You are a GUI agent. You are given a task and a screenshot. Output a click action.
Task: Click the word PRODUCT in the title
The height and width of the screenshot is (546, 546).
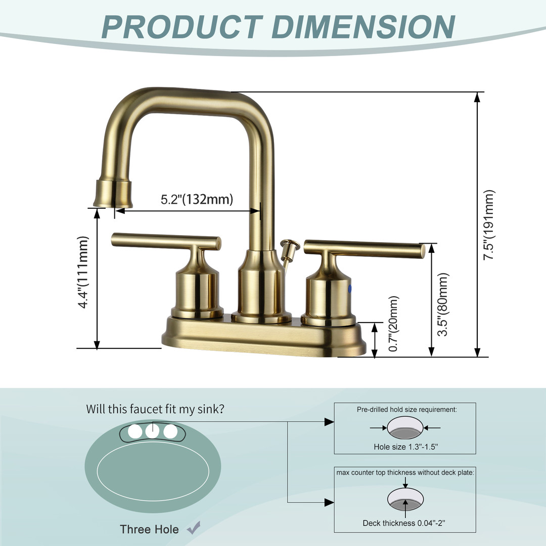pos(182,27)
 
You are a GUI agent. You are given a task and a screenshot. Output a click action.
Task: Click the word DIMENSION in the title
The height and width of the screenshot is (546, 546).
pos(363,27)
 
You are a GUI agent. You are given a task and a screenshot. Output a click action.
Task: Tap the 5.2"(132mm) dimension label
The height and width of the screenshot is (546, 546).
pos(197,199)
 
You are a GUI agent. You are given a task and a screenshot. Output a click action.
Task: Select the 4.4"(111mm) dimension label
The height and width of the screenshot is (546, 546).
pos(83,272)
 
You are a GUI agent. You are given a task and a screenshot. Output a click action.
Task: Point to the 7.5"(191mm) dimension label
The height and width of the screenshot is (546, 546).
pos(488,225)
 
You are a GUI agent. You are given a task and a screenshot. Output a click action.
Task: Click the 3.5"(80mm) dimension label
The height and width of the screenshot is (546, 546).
pos(442,304)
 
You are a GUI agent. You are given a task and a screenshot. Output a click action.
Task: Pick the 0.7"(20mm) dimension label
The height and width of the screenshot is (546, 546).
pos(393,324)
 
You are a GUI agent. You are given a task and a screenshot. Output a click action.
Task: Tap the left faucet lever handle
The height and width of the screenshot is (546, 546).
pos(166,241)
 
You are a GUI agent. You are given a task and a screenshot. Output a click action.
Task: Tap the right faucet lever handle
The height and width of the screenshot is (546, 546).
pos(364,249)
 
